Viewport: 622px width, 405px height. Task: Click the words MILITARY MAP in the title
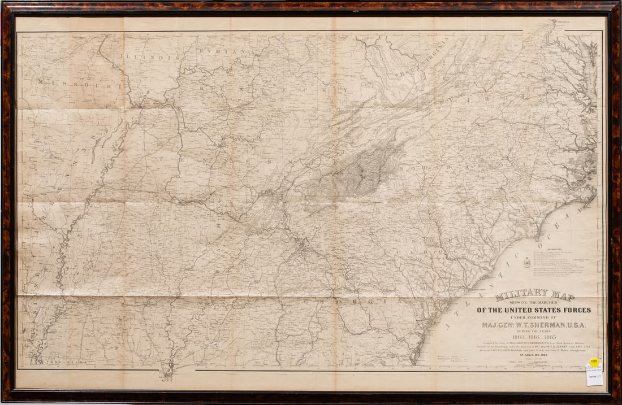(x=529, y=295)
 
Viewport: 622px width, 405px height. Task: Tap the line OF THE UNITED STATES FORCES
(x=533, y=310)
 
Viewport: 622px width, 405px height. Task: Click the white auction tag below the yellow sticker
(x=594, y=376)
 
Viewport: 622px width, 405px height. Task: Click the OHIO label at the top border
(x=369, y=38)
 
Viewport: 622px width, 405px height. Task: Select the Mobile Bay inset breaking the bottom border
(x=166, y=373)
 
